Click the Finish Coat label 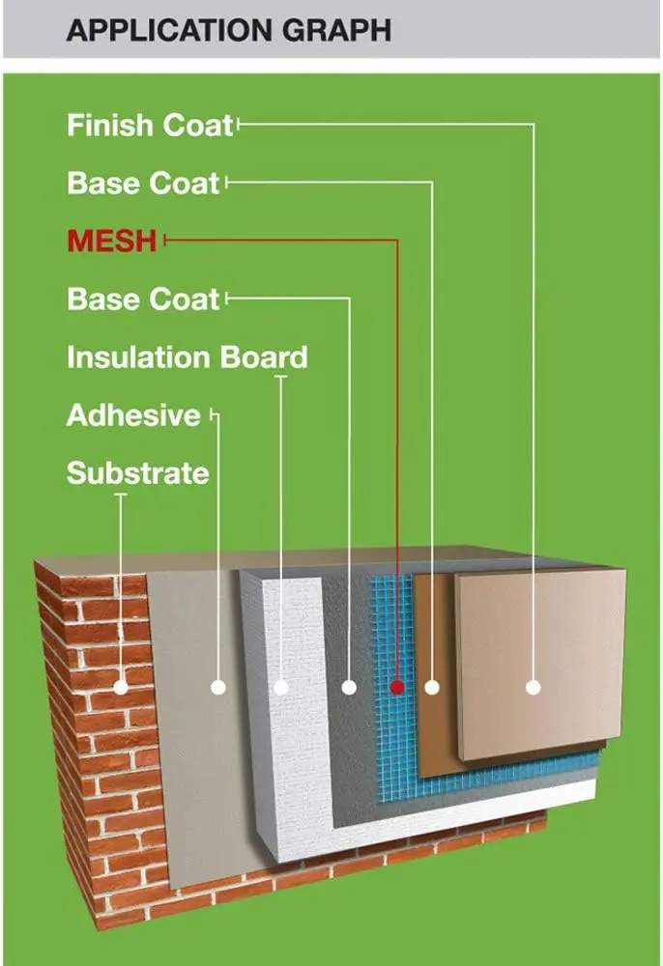[150, 126]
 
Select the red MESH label [111, 241]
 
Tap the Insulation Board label [187, 357]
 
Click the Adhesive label [133, 416]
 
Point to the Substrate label [137, 473]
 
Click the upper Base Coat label [143, 184]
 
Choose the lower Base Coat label [143, 299]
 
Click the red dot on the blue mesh [396, 687]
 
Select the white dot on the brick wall [121, 688]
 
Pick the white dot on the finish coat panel [533, 687]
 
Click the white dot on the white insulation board [281, 688]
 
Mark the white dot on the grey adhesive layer [217, 688]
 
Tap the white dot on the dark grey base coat [349, 688]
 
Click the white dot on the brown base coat [432, 688]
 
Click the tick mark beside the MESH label [165, 241]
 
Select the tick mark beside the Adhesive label [212, 416]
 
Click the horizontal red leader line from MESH [280, 241]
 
